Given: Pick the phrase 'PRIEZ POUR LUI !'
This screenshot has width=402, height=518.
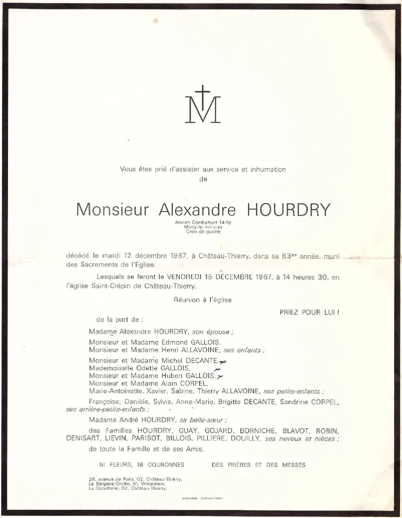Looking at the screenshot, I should coord(310,312).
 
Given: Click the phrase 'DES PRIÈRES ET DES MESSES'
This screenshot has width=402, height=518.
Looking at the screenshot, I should coord(259,465).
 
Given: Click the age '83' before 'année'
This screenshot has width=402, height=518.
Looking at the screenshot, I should coord(287,256).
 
